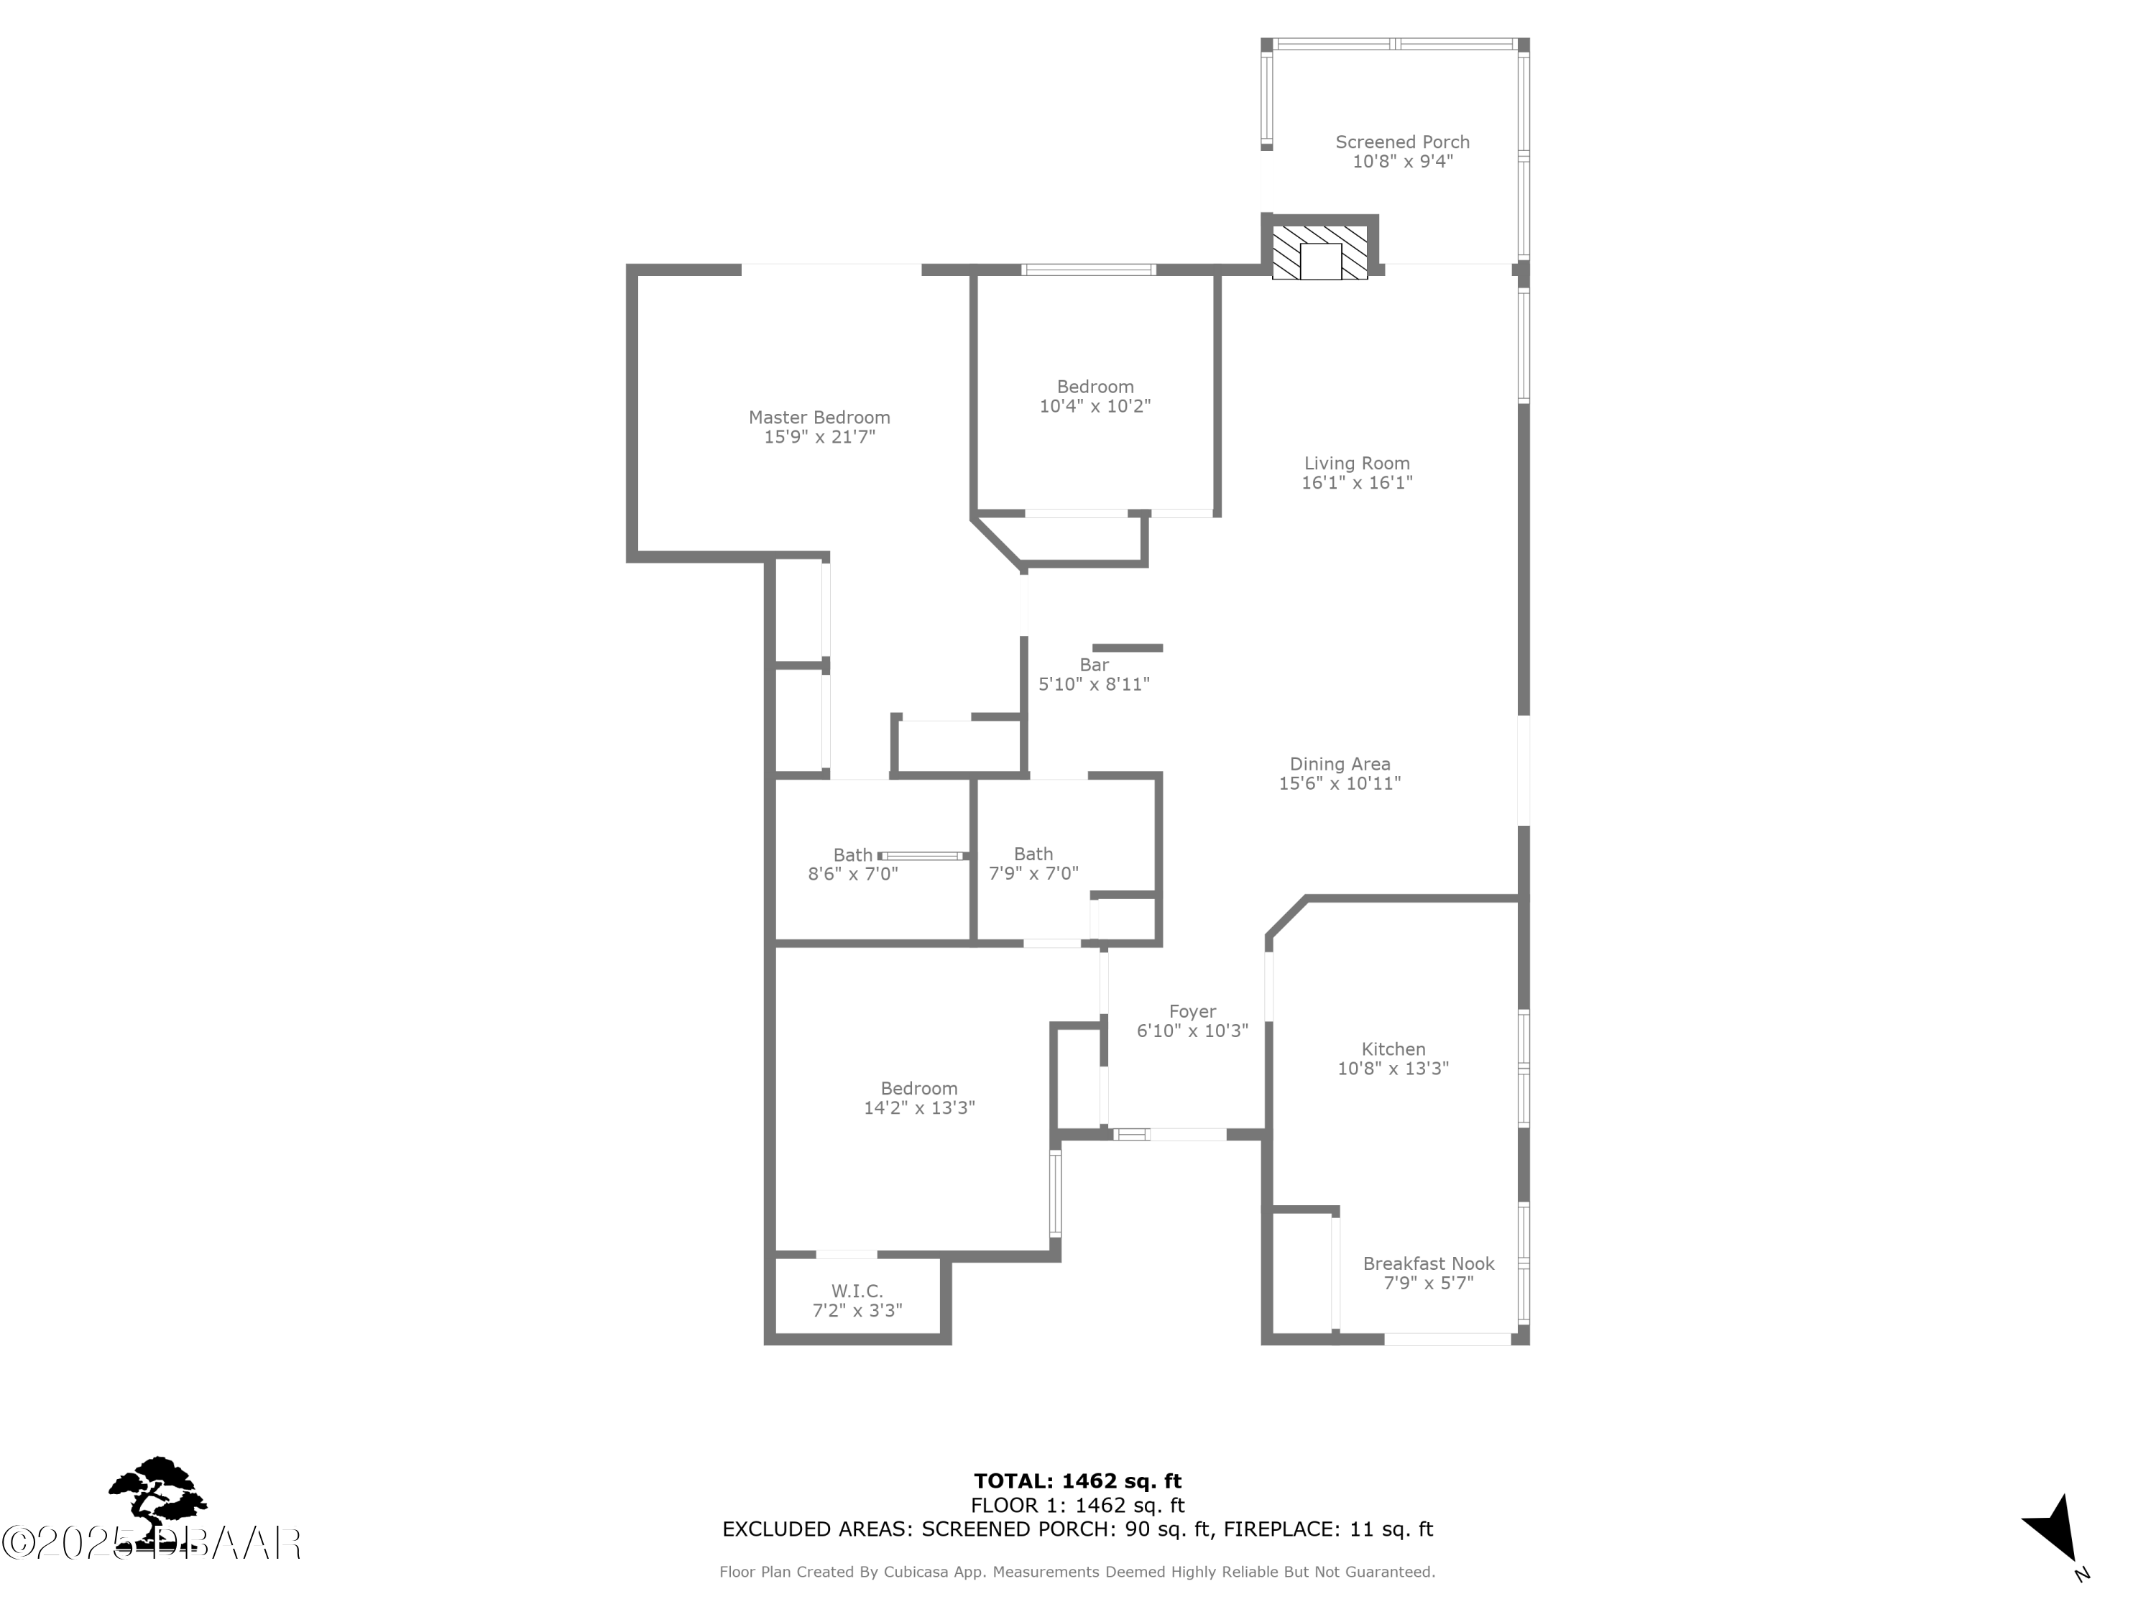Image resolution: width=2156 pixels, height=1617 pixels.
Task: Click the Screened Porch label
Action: click(1401, 142)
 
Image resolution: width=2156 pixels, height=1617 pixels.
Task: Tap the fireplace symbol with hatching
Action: click(1319, 252)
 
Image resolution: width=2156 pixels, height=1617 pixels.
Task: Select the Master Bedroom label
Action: click(819, 417)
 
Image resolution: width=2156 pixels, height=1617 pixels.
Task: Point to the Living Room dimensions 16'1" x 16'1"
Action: click(1357, 482)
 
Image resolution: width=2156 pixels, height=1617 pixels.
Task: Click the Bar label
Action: click(1094, 665)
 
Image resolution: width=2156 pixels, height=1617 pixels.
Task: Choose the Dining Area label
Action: click(1339, 764)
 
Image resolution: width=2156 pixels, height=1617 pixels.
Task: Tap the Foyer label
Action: click(1192, 1012)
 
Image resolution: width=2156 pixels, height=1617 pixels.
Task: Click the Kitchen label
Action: click(1393, 1049)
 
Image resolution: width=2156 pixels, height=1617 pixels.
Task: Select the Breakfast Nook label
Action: click(1428, 1263)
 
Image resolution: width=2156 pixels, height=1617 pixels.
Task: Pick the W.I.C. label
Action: click(857, 1291)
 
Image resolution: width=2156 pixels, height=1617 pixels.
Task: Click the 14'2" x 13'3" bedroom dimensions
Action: click(919, 1107)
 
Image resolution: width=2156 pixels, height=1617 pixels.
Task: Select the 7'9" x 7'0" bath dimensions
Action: click(1033, 873)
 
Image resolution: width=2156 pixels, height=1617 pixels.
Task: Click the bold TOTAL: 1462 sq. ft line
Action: click(1077, 1481)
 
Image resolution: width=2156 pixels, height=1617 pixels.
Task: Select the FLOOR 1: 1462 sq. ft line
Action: click(1077, 1506)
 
